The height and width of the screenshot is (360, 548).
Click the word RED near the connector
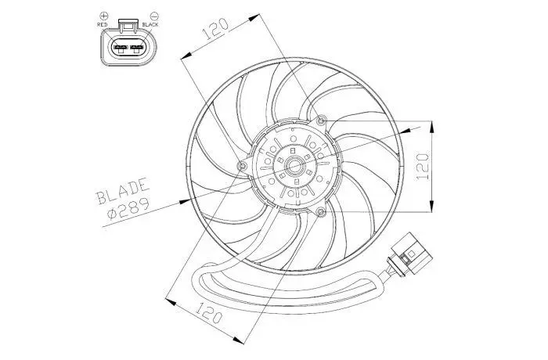(x=103, y=24)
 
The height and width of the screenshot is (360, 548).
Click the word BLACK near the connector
(x=150, y=24)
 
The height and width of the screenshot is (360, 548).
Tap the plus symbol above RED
(x=104, y=16)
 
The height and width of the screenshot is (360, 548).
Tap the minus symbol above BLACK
(x=154, y=16)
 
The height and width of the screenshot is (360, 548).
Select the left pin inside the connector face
(x=121, y=48)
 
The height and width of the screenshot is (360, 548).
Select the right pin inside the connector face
(x=137, y=48)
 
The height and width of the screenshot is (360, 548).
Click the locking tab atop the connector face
(x=128, y=24)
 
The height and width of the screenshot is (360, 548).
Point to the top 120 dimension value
(x=215, y=28)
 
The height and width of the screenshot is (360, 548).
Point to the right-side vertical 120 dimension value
(x=422, y=167)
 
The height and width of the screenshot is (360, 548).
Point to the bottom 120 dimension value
(x=208, y=312)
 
